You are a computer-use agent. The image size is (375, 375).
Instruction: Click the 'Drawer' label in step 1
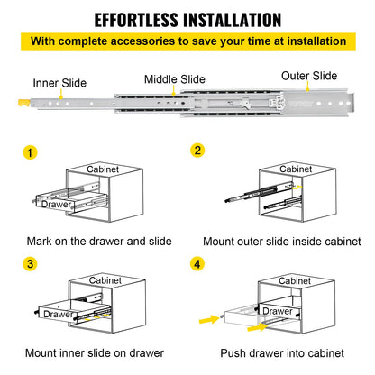56,204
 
